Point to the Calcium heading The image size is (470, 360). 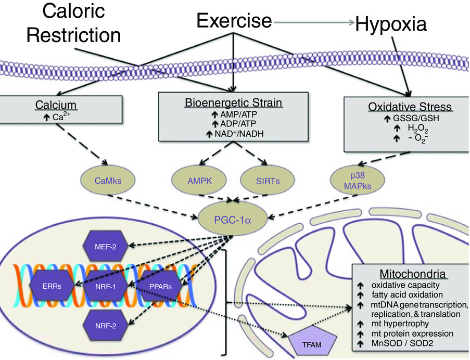pos(56,105)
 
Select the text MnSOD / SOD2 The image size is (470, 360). pos(402,343)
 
